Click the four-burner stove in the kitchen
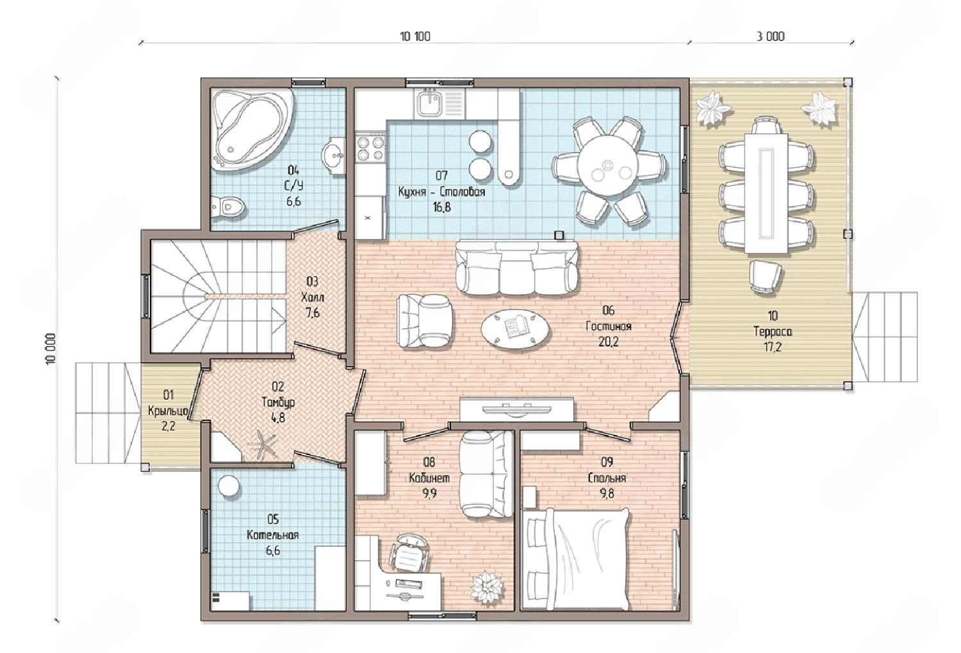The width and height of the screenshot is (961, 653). click(x=370, y=148)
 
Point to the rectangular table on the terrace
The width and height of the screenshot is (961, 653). click(x=766, y=193)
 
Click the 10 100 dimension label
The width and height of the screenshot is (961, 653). click(x=415, y=37)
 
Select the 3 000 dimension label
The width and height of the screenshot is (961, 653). click(x=771, y=37)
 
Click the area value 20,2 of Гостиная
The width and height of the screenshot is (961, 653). click(x=609, y=342)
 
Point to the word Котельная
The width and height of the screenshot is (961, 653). click(x=273, y=536)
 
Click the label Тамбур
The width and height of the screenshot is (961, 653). click(x=278, y=402)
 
